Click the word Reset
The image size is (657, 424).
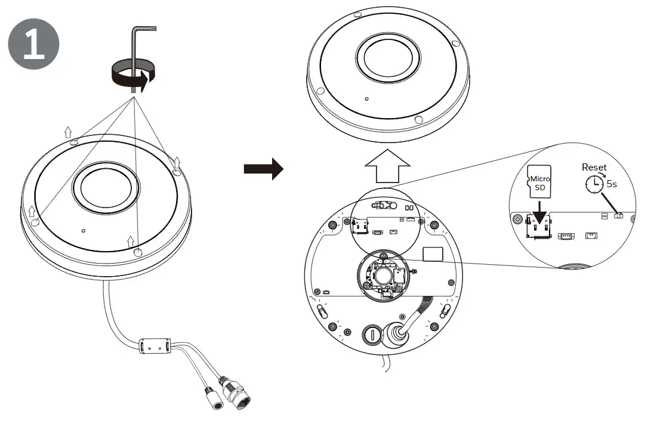pos(594,168)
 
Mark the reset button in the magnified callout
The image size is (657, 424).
pos(618,215)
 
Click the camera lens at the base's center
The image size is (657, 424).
pos(382,275)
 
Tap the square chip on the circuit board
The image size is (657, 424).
pos(433,253)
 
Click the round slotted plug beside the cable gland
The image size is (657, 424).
pos(371,335)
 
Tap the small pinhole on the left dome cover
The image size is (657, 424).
pos(84,230)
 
